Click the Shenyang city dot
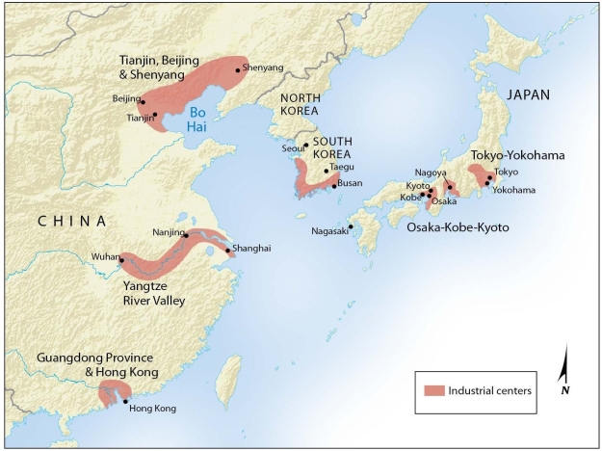[x=238, y=69]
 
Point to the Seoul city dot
[x=306, y=146]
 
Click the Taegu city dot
[x=326, y=171]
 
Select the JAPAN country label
[x=530, y=94]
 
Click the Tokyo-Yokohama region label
[x=517, y=154]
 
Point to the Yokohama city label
[x=513, y=190]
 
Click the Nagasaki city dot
[x=351, y=226]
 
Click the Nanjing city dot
[x=186, y=234]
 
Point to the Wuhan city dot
[x=121, y=260]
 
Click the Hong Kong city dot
[x=125, y=401]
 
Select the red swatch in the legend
[x=432, y=390]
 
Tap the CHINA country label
[x=71, y=222]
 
